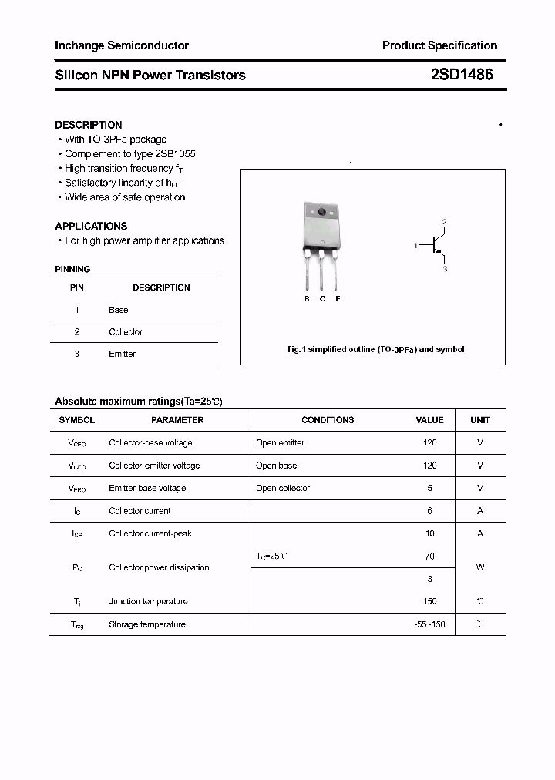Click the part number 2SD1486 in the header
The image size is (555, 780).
point(462,75)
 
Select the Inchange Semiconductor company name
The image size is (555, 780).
point(121,45)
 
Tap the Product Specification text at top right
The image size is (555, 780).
point(439,45)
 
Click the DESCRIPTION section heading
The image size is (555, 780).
point(88,125)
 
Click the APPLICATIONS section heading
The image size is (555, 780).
point(91,227)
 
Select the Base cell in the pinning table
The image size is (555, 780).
point(118,310)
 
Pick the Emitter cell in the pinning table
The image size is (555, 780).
point(122,354)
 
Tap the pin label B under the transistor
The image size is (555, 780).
point(307,299)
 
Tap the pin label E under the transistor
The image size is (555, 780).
point(338,299)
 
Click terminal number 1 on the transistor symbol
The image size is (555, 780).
point(415,246)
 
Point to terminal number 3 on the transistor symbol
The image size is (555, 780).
point(445,269)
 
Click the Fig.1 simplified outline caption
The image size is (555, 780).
point(375,349)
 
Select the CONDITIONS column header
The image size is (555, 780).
point(328,420)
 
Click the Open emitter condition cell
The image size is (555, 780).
point(280,443)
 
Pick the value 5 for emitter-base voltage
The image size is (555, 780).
point(429,488)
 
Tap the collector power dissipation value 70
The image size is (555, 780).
point(429,556)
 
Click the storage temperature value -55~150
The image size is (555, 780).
point(429,624)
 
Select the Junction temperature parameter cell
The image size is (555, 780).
point(148,602)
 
